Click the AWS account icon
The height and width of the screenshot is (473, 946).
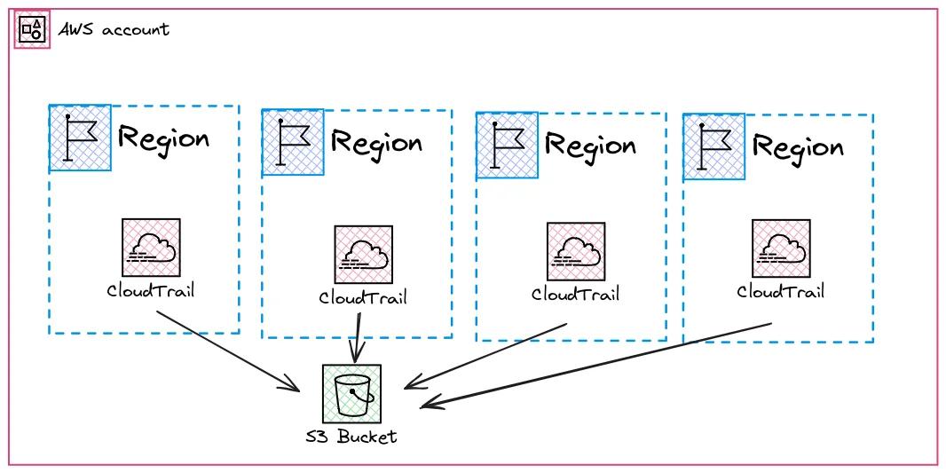click(x=32, y=29)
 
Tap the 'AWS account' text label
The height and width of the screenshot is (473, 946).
click(x=114, y=29)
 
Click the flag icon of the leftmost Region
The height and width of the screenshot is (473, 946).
click(x=80, y=137)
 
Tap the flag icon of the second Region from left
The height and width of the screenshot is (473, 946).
click(x=293, y=142)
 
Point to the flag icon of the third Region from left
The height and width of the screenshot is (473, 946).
click(x=507, y=145)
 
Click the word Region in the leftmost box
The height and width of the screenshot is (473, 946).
click(x=164, y=138)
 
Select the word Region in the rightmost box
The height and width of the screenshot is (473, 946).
click(x=798, y=146)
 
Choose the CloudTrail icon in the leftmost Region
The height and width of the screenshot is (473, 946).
click(x=151, y=248)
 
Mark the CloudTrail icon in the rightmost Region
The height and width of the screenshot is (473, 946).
click(x=781, y=248)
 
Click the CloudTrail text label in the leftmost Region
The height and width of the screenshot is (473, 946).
click(x=150, y=290)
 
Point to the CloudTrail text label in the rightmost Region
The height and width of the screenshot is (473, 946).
click(x=781, y=291)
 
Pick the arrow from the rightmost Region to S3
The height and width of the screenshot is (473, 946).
click(x=595, y=365)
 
